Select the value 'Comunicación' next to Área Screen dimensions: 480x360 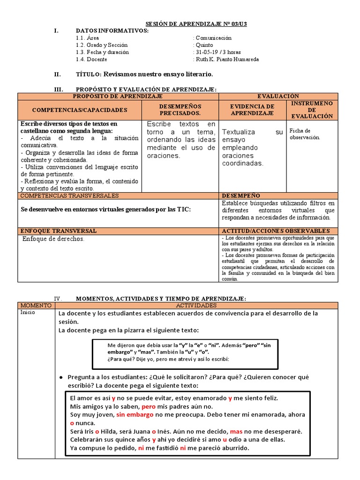(x=214, y=38)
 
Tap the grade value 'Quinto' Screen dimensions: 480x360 (x=204, y=45)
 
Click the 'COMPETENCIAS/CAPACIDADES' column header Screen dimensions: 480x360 (x=80, y=110)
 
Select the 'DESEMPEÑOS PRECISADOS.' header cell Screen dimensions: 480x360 (x=180, y=110)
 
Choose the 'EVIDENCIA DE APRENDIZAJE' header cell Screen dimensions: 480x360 (x=252, y=110)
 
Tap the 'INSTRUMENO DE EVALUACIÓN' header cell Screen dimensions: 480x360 (x=312, y=110)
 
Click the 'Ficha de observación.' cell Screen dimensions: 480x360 (x=305, y=134)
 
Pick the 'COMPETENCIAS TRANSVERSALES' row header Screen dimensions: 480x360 (x=69, y=195)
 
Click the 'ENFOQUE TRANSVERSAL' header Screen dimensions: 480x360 (x=59, y=231)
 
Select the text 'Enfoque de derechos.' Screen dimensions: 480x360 (x=53, y=239)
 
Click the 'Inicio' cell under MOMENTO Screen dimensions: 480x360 (x=28, y=313)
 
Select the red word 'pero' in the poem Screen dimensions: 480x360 (x=148, y=406)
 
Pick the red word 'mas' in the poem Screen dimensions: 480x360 (x=236, y=431)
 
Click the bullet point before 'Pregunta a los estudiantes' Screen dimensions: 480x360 (x=61, y=377)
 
